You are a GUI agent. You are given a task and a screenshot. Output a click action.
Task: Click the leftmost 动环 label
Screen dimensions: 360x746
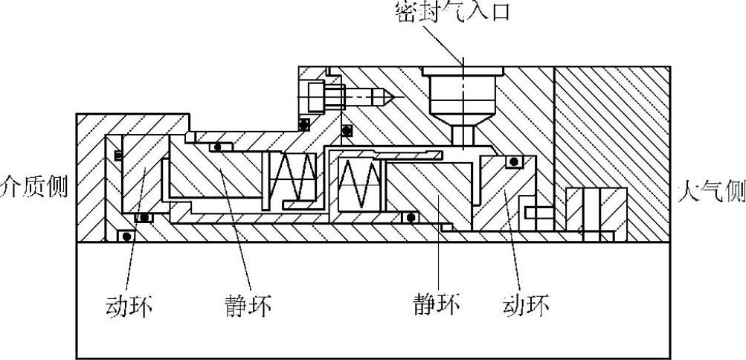[x=129, y=305]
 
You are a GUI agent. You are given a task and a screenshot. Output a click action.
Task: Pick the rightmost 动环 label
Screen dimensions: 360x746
[x=527, y=305]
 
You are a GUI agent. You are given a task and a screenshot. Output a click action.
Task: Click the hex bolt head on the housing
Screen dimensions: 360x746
[x=313, y=96]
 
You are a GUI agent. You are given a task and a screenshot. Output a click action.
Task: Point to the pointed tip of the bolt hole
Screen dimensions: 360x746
[x=388, y=97]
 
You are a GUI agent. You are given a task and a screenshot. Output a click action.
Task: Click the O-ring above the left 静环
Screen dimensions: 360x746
[x=217, y=147]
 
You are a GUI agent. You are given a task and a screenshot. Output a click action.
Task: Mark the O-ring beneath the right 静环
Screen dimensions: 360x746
[x=410, y=217]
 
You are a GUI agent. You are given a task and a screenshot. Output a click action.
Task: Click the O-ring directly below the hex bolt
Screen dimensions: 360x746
[x=303, y=123]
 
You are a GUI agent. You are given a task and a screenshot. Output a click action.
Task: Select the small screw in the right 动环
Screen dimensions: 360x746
[x=536, y=213]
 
